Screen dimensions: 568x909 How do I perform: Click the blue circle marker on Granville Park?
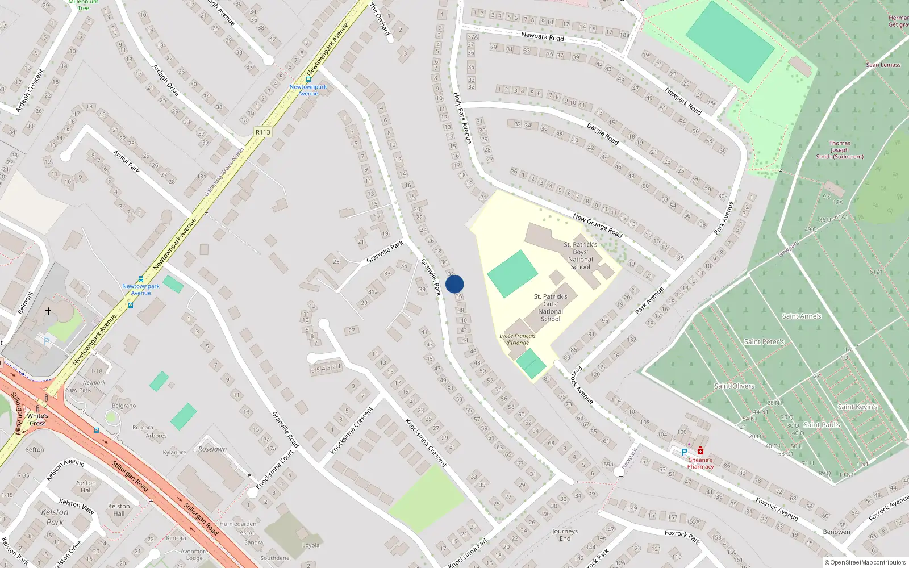click(454, 284)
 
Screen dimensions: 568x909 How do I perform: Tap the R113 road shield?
click(263, 132)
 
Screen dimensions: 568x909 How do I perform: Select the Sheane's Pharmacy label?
click(700, 463)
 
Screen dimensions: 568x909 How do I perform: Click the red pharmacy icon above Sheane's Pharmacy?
click(700, 451)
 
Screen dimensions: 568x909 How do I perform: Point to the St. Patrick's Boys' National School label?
click(580, 256)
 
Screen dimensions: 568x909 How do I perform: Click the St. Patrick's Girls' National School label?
click(550, 307)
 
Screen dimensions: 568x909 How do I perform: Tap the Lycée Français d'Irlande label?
click(517, 339)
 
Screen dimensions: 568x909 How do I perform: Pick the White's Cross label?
click(37, 419)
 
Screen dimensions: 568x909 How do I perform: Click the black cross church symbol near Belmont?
click(48, 311)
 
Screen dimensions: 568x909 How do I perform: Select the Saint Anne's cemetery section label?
click(801, 316)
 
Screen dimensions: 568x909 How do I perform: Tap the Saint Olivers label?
click(734, 386)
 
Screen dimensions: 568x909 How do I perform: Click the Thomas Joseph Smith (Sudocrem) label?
click(840, 150)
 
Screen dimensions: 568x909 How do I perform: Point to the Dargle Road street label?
click(603, 134)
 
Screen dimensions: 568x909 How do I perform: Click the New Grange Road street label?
click(598, 225)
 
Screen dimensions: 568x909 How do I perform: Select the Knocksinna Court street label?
click(274, 470)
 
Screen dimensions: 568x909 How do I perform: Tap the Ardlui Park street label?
click(126, 162)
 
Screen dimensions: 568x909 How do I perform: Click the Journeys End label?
click(565, 535)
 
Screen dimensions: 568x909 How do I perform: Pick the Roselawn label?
click(212, 449)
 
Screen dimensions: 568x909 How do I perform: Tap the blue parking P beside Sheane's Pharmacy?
click(685, 453)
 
